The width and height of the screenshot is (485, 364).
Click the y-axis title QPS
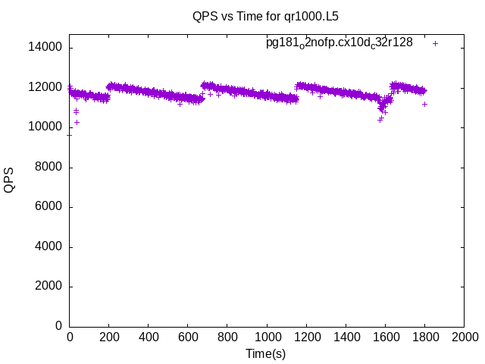(x=9, y=180)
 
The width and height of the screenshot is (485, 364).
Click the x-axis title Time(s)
(x=266, y=353)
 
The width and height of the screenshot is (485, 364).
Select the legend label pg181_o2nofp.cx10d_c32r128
(x=339, y=43)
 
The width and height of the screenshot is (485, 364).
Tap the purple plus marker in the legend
(x=436, y=43)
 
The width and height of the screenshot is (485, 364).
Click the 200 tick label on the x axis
(x=109, y=337)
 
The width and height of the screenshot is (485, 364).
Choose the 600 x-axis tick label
(x=188, y=337)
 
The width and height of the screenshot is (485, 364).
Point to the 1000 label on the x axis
(x=267, y=337)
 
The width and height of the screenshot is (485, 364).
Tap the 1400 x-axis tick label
(x=346, y=337)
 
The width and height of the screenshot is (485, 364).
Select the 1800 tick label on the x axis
(x=424, y=337)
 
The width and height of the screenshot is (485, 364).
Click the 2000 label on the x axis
(x=464, y=337)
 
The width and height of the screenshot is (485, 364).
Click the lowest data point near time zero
(x=70, y=135)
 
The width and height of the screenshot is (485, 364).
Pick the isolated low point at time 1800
(x=425, y=104)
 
